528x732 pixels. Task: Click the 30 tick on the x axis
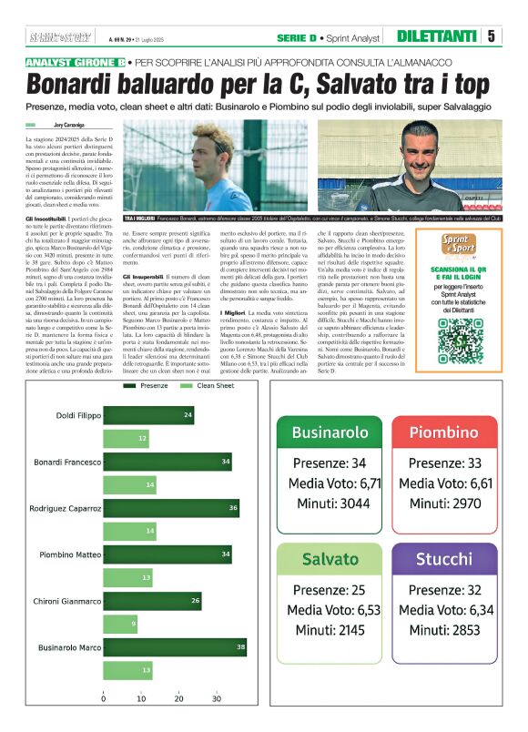pos(217,699)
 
